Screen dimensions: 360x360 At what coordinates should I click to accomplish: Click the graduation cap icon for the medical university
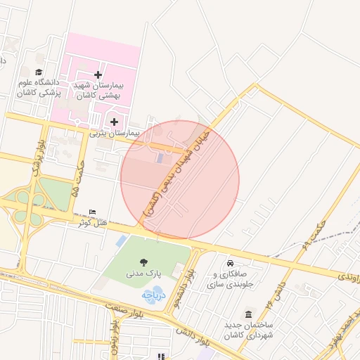coord(39,72)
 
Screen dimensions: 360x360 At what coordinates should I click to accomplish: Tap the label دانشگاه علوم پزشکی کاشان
coord(39,87)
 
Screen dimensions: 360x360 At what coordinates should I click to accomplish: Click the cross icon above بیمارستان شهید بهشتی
coord(98,75)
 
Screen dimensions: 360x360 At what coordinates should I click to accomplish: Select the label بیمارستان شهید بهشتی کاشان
coord(98,90)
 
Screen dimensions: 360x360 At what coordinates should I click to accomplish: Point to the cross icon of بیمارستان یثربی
coord(114,122)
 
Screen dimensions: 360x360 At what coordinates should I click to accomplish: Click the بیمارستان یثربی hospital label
coord(115,132)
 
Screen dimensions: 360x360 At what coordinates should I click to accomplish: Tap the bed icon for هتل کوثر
coord(93,212)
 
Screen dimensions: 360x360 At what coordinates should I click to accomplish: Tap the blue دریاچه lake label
coord(153,295)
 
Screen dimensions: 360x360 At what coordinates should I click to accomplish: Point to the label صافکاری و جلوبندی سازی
coord(233,279)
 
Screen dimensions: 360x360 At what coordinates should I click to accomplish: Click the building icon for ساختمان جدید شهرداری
coord(247,314)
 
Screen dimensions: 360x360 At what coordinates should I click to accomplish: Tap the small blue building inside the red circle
coord(159,157)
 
